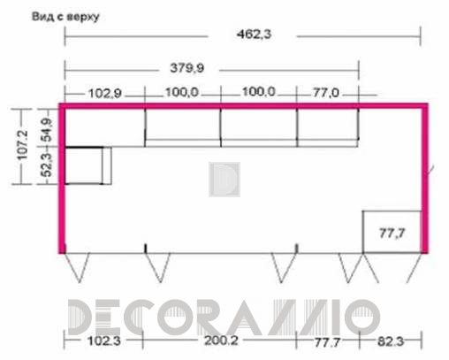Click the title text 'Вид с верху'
coord(65,17)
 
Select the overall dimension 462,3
coord(254,34)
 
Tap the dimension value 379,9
coord(187,68)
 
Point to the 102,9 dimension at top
coord(105,94)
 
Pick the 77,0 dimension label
coord(326,93)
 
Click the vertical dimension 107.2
coord(23,145)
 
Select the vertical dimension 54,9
coord(47,130)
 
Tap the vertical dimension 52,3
coord(47,165)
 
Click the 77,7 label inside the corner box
coord(392,234)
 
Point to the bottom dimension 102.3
coord(104,341)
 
